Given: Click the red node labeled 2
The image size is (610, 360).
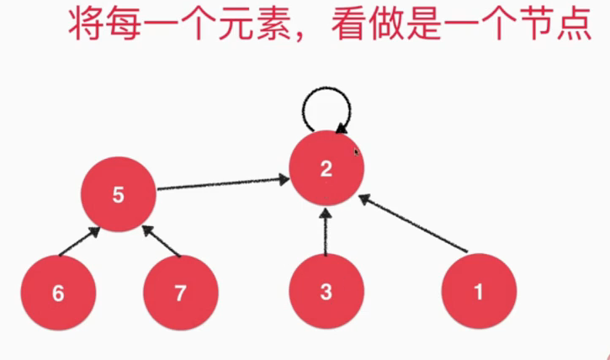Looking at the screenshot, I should (326, 168).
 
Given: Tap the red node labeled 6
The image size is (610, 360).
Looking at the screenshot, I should (57, 293).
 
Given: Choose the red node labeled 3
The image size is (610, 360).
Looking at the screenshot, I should (326, 293).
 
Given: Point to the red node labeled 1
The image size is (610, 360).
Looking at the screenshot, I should (479, 293).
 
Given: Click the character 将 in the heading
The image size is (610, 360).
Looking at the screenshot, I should (85, 24).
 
